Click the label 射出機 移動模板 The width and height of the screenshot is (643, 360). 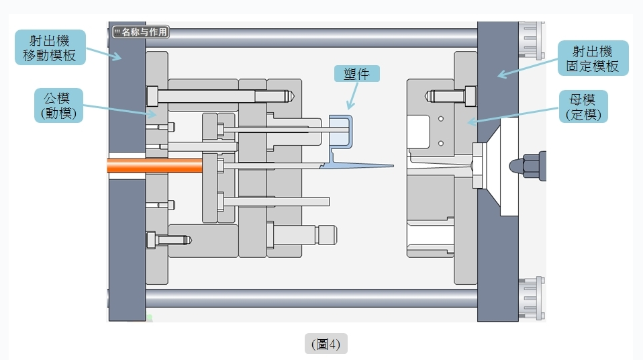click(50, 47)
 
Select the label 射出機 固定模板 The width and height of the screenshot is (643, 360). click(593, 58)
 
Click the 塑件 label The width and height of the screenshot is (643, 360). click(357, 73)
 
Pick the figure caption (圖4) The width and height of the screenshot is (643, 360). click(326, 344)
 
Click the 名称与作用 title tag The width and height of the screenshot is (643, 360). click(140, 32)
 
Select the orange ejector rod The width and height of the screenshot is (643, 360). click(154, 165)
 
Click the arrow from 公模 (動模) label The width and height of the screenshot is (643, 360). click(121, 109)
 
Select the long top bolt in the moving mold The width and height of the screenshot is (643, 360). click(221, 96)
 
